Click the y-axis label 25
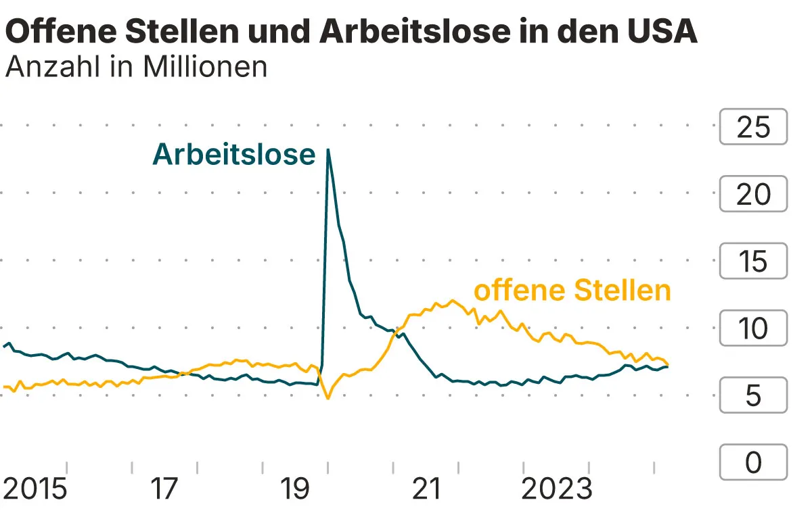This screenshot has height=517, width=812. pos(753,126)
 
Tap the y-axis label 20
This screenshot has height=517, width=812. pos(753,194)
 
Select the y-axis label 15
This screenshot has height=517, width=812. pos(753,261)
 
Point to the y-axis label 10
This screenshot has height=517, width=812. pos(753,328)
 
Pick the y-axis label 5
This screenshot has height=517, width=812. pos(753,395)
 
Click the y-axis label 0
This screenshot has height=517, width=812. pos(753,463)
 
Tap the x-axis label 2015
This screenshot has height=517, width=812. pos(35,489)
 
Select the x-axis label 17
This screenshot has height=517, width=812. pos(164,489)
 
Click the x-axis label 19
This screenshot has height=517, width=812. pos(295,489)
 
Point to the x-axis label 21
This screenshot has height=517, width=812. pos(426,489)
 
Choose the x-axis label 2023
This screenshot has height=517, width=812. pos(556,489)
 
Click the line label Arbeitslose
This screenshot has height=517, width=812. pos(234,155)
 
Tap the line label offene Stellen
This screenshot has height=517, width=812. pos(572,291)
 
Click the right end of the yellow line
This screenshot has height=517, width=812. pos(668,364)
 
